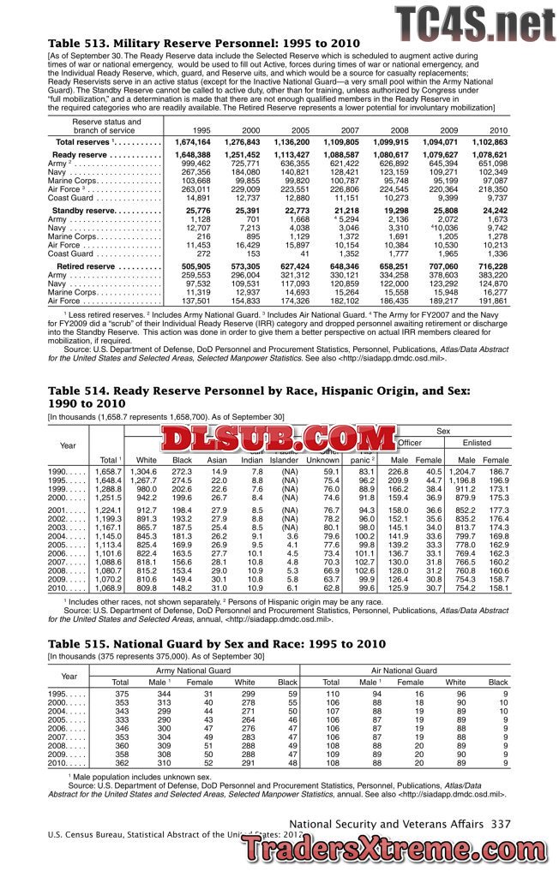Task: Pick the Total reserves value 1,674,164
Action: (192, 141)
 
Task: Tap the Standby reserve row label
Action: (106, 211)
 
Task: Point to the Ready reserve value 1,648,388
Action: (192, 154)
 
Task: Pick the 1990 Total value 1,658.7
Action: (108, 472)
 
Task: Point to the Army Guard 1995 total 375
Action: (121, 694)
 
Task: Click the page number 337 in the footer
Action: (501, 823)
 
